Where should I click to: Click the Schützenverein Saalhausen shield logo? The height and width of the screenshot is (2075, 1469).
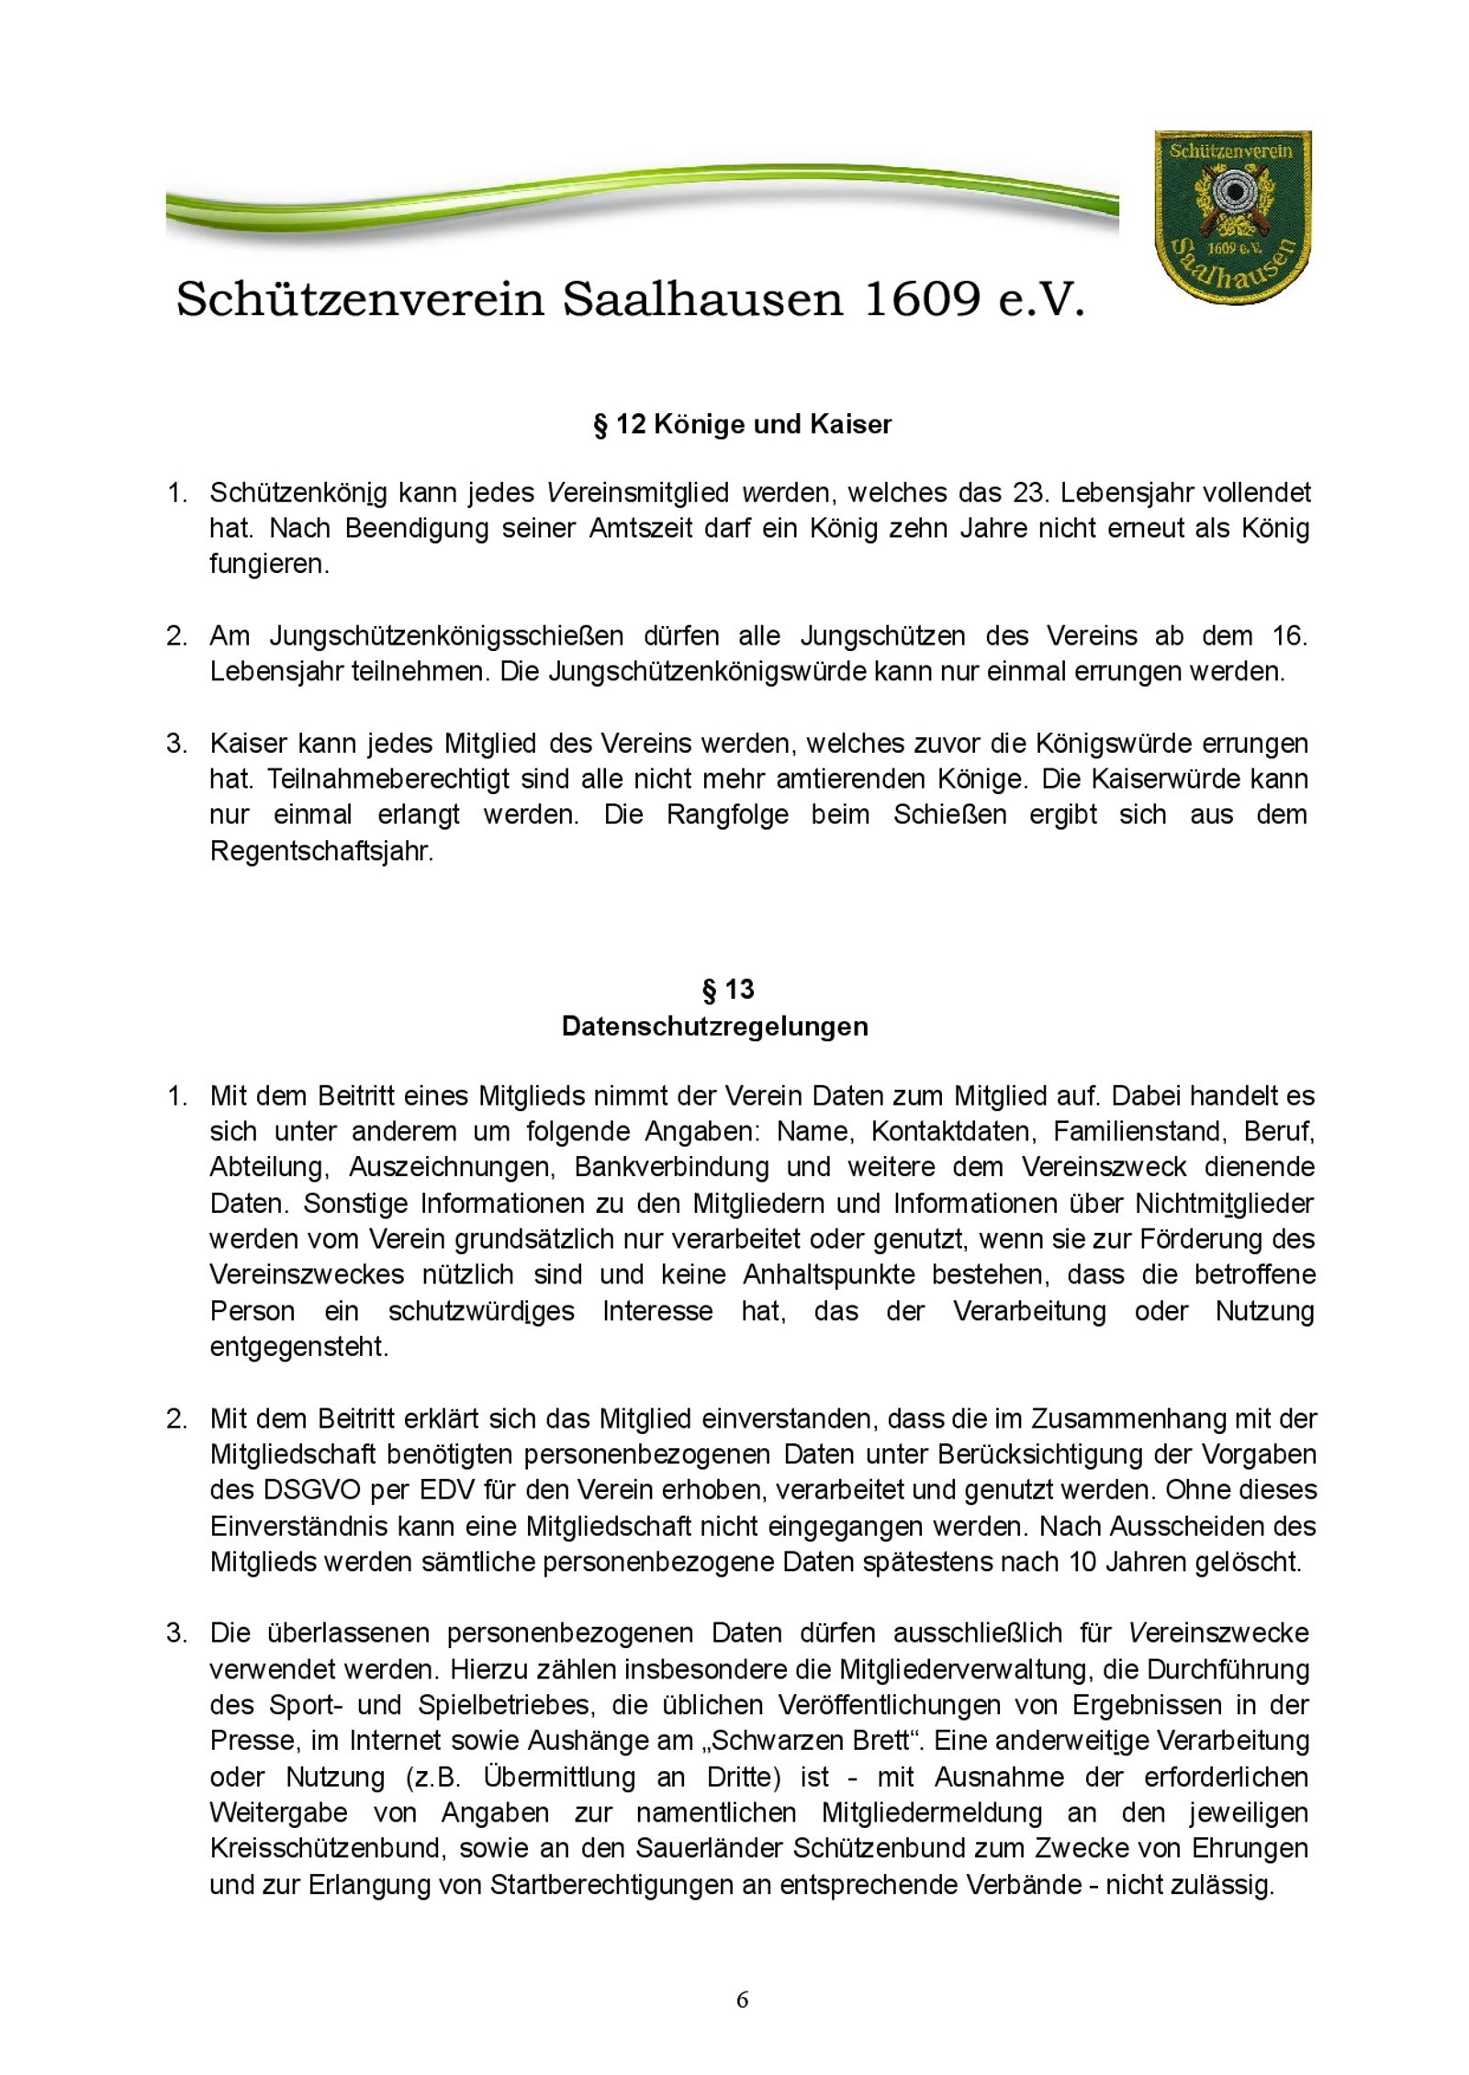point(1231,221)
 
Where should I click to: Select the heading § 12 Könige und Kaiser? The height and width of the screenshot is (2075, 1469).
point(742,425)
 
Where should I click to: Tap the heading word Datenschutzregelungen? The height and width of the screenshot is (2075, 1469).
point(714,1026)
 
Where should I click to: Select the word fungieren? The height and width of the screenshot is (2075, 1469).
point(268,564)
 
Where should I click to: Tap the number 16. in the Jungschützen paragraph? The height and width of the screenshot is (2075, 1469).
point(1290,635)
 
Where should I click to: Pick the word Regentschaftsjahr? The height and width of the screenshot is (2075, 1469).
point(320,851)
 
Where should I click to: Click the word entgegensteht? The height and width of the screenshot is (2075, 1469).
point(298,1347)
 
